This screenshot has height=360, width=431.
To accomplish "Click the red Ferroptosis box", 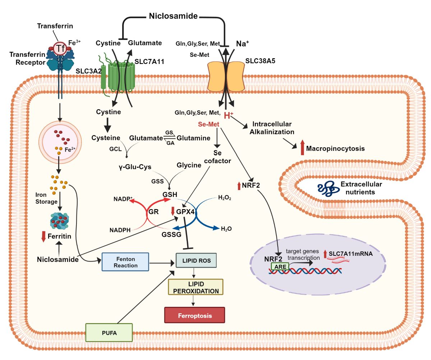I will point(194,316).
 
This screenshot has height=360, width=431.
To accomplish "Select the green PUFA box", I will point(109,332).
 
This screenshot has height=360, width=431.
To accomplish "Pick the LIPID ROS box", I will point(196,260).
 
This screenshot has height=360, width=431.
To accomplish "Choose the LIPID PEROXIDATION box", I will point(196,287).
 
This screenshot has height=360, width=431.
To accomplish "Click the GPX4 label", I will point(185,212).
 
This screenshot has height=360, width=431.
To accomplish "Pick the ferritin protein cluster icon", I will point(59,221).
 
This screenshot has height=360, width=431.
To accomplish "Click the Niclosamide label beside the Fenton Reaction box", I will point(57,259).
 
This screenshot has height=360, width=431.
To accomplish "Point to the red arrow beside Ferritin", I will point(44,236).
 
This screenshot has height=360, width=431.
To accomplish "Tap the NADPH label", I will point(120,229).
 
